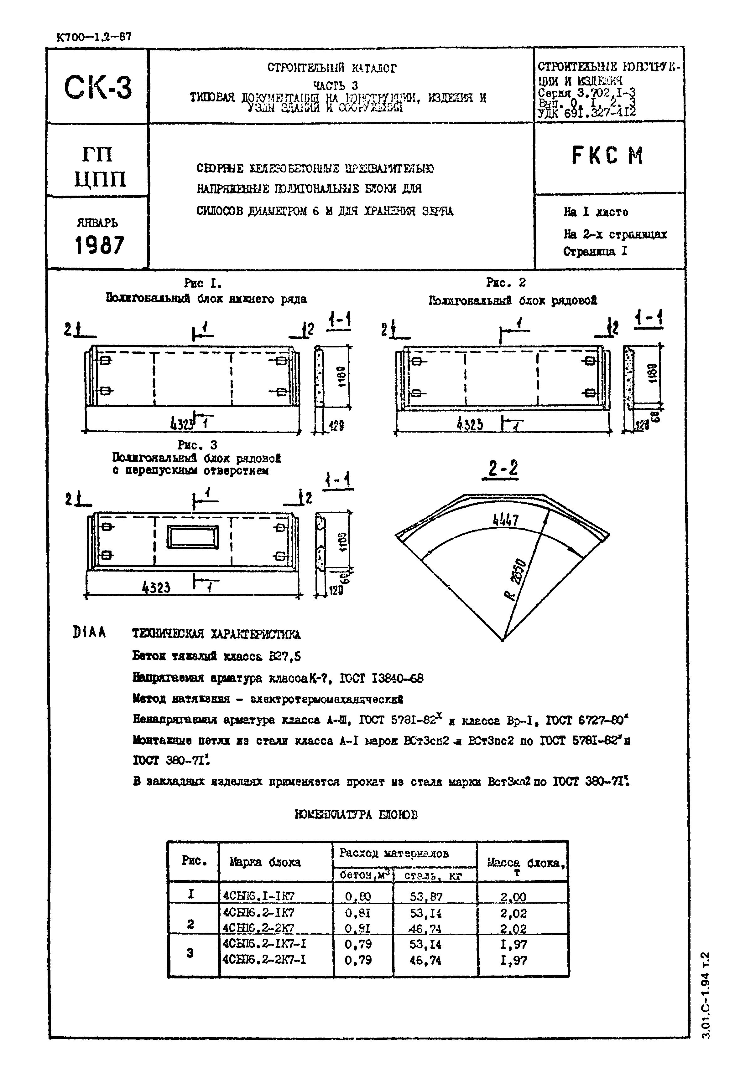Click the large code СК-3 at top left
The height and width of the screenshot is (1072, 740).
point(98,88)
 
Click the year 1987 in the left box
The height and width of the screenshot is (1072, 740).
point(100,245)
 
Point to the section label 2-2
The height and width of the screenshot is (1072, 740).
point(503,469)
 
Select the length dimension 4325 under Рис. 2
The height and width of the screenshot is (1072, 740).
point(469,425)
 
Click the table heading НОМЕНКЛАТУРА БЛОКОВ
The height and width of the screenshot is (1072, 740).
point(356,815)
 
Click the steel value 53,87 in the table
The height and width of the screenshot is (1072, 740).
point(426,897)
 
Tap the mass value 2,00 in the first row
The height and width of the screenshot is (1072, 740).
point(513,897)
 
